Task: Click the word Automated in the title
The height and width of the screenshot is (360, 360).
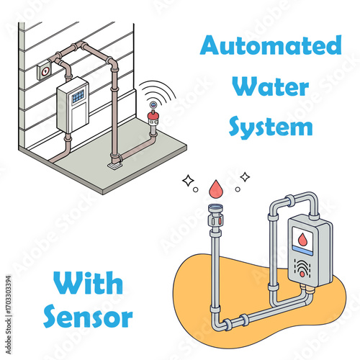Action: click(271, 45)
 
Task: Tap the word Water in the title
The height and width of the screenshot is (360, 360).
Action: click(270, 86)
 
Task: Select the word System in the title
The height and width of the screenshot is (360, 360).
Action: click(271, 127)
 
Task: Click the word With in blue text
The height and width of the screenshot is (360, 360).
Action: click(88, 282)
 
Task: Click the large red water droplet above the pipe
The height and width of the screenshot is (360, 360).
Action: click(216, 189)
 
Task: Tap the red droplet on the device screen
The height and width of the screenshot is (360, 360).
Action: click(302, 239)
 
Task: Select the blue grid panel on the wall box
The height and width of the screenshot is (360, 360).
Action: click(78, 96)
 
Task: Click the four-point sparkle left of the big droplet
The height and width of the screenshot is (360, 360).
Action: click(188, 181)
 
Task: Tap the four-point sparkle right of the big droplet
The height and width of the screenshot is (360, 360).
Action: click(245, 177)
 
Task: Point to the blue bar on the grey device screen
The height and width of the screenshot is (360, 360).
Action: click(302, 251)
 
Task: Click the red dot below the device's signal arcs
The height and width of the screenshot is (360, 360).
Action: click(302, 274)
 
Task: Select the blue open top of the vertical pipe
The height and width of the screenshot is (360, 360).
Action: click(215, 206)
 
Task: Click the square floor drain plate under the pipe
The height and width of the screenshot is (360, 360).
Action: click(114, 166)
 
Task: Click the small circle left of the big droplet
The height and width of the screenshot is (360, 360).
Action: click(196, 189)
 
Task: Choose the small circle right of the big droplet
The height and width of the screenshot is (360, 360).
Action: click(238, 189)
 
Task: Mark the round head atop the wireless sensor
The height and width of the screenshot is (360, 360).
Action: click(153, 105)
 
